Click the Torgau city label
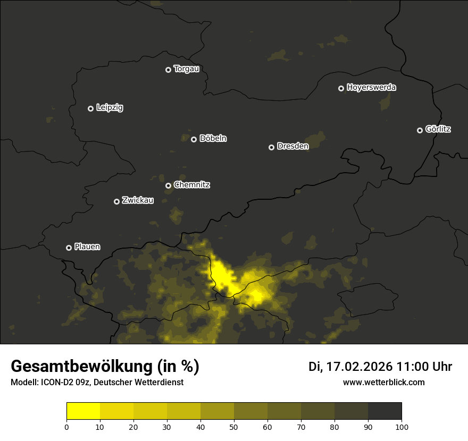point(186,69)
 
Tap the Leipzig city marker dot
point(90,108)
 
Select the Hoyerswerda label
point(371,88)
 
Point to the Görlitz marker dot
point(420,130)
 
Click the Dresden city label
point(292,147)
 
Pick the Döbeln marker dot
point(194,139)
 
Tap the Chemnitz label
point(191,185)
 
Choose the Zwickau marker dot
point(116,201)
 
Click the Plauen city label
point(87,247)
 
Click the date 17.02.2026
point(357,367)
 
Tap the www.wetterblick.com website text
point(383,382)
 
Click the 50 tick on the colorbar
point(234,427)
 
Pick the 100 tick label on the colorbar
point(402,427)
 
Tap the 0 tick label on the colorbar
point(66,427)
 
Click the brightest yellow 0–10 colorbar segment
point(83,411)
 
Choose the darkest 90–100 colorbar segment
point(385,411)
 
